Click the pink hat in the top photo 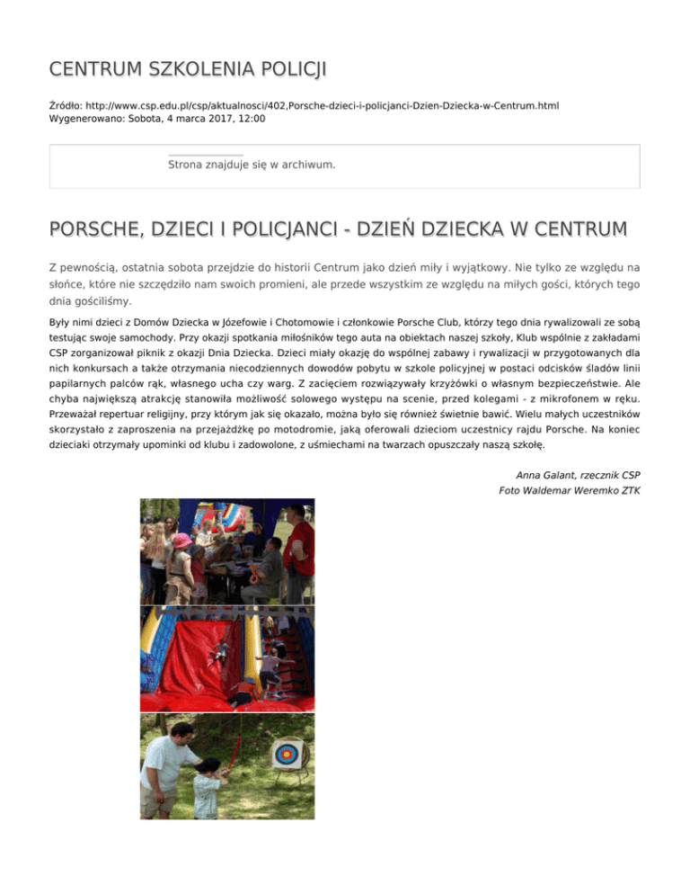click(181, 541)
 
